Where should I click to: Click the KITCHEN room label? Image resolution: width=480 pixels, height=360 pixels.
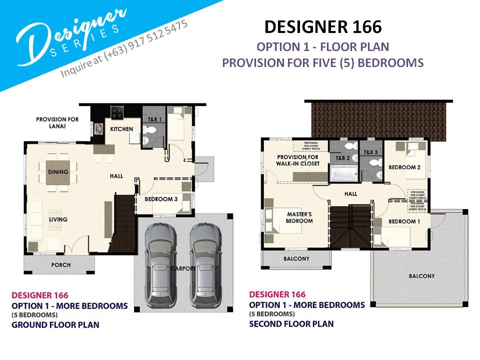[x=121, y=129]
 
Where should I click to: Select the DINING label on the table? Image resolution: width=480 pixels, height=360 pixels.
[x=58, y=172]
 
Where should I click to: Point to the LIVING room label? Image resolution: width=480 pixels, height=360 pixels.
[x=58, y=219]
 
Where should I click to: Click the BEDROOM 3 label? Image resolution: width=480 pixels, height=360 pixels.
[x=161, y=199]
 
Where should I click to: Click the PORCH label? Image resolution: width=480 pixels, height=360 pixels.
[x=61, y=265]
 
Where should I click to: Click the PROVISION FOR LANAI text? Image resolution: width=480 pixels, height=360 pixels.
[x=57, y=122]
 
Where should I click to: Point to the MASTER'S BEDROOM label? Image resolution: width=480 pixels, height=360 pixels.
[x=299, y=217]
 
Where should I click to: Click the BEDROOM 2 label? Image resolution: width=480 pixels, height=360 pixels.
[x=404, y=167]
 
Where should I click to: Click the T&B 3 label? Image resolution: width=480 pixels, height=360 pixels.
[x=370, y=152]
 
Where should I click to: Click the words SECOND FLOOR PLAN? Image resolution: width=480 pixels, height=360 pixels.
[x=291, y=323]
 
